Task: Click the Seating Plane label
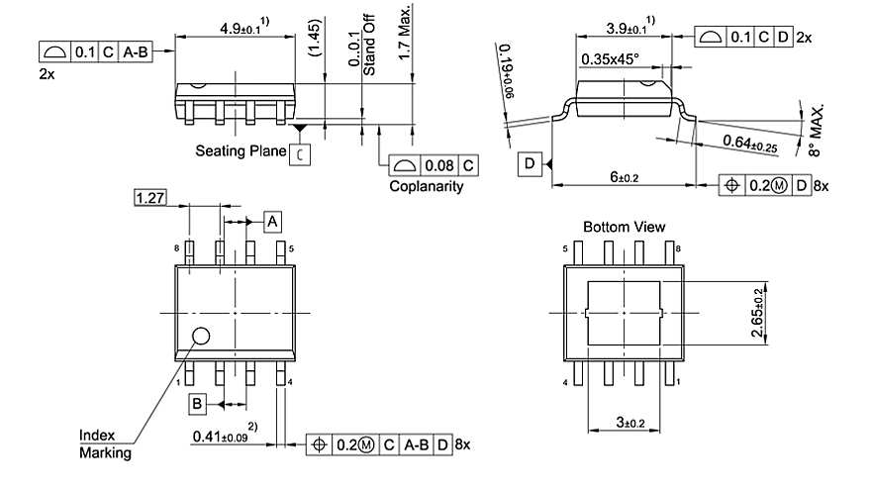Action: coord(241,151)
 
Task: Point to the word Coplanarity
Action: coord(426,186)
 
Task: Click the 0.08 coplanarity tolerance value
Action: coord(438,164)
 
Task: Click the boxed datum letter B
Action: coord(198,403)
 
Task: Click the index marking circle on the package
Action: coord(201,336)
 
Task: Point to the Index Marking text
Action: coord(104,444)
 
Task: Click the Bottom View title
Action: coord(624,227)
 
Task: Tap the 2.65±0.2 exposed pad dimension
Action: coord(758,313)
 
